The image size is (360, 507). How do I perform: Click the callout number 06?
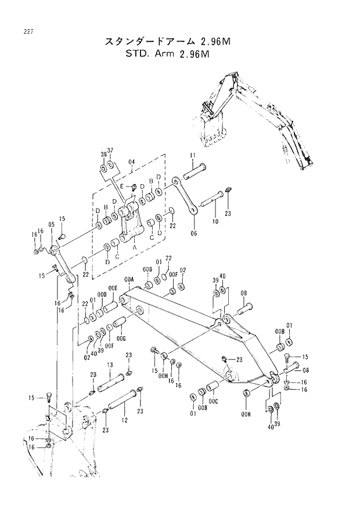193,233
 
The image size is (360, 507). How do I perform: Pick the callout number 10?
215,222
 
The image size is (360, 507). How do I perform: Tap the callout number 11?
192,156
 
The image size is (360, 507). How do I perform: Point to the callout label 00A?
129,279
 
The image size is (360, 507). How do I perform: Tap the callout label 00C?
214,401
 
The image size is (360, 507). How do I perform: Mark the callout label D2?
182,270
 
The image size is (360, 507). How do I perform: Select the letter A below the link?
135,246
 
